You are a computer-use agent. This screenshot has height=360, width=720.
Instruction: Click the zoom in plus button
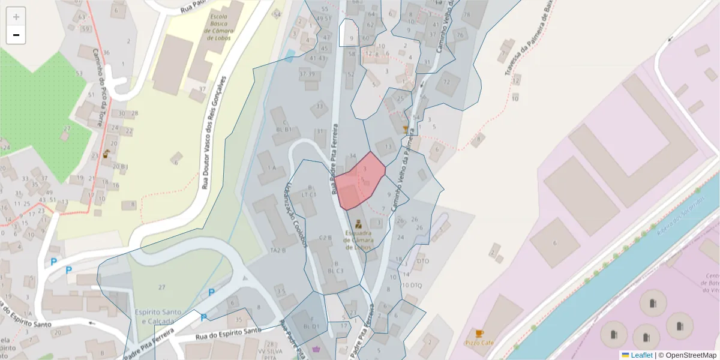click(x=16, y=17)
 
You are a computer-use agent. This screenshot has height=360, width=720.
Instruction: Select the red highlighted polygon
click(x=359, y=180)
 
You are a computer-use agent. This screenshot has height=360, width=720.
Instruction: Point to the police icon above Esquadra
click(x=359, y=224)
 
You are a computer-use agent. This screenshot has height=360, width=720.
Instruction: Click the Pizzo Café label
click(x=479, y=343)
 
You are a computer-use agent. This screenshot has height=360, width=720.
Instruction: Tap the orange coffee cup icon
click(x=479, y=334)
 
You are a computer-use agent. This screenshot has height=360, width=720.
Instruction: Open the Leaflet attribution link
click(x=641, y=355)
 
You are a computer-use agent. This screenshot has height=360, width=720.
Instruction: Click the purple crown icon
click(x=316, y=348)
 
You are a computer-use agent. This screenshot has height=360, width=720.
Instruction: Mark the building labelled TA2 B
click(x=277, y=250)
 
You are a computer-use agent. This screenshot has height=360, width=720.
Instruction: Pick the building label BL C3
click(x=335, y=271)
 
